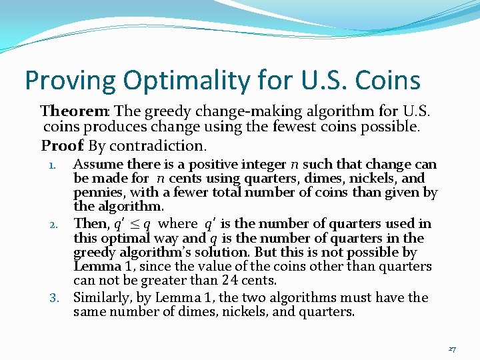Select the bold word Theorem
click(x=68, y=110)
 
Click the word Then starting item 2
click(x=89, y=223)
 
